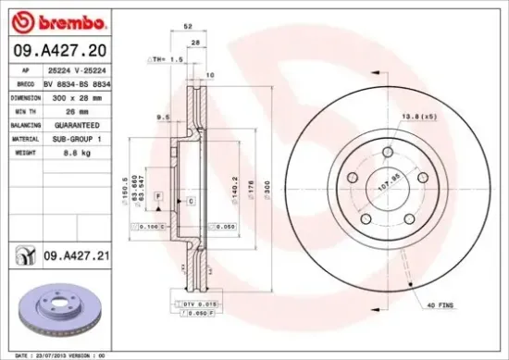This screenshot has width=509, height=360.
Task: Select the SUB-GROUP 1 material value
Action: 77,137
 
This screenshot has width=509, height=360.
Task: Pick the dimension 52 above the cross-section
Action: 188,27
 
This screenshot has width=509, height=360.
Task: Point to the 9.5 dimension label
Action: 161,118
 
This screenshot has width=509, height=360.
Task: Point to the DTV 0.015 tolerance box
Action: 195,304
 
